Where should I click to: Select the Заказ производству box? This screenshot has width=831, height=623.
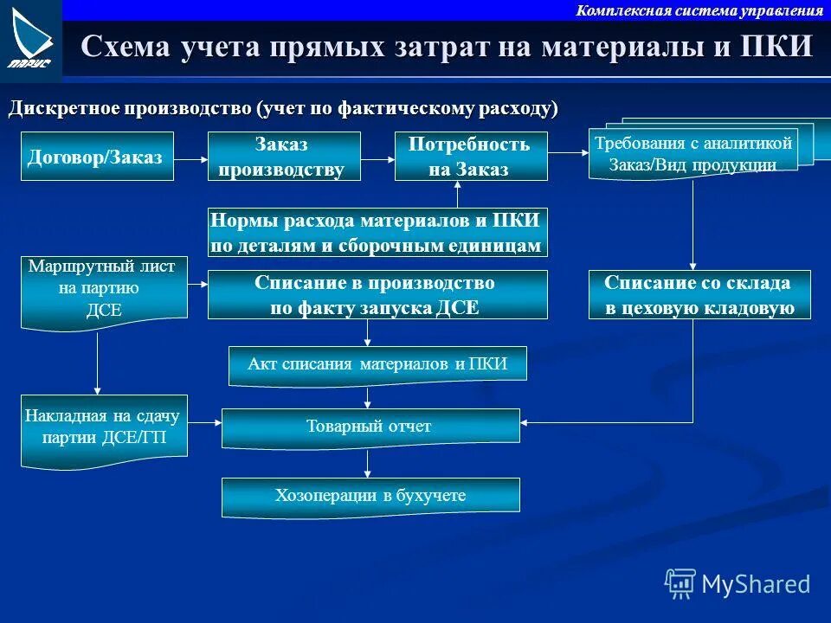coord(284,157)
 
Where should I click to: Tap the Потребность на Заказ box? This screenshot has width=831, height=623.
coord(471,157)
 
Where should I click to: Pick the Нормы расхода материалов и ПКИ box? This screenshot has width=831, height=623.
coord(377,233)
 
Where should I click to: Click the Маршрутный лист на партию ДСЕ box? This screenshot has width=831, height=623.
coord(104,290)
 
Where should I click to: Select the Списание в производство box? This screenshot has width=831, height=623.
coord(377,295)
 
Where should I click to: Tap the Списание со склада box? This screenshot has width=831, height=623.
coord(699,295)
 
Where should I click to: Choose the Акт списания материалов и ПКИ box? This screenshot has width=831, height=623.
coord(377,364)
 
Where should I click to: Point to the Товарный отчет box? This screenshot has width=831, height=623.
coord(370,427)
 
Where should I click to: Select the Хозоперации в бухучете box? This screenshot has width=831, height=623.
coord(370,496)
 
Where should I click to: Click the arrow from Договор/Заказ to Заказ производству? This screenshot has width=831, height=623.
coord(190,158)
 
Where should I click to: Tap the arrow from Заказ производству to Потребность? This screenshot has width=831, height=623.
coord(377,158)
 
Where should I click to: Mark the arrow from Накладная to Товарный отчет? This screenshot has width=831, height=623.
coord(205,423)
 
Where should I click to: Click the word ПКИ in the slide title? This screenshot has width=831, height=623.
coord(776,46)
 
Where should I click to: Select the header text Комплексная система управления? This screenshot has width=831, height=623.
coord(699,10)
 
